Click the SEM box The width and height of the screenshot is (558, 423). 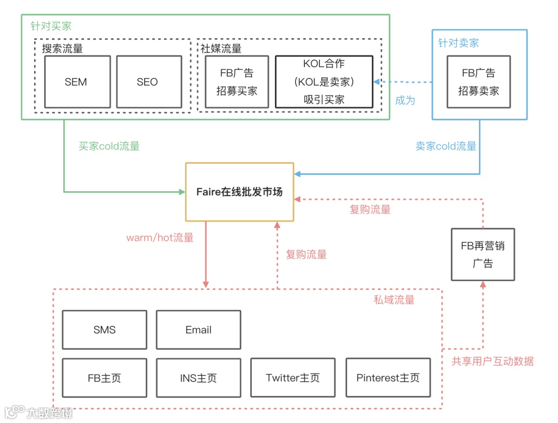[x=77, y=82]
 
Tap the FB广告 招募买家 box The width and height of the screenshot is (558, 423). [x=237, y=82]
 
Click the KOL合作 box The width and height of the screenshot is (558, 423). [x=324, y=82]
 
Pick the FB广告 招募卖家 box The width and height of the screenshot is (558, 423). [x=479, y=82]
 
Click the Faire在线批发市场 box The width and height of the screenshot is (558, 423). [x=239, y=191]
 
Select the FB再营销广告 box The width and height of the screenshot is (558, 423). [x=483, y=254]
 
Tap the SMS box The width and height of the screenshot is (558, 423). [x=104, y=330]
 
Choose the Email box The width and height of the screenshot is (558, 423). [x=198, y=330]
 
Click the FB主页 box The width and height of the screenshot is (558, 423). [x=104, y=377]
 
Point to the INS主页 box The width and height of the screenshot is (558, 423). [x=198, y=377]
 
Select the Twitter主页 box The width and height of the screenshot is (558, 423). [x=293, y=377]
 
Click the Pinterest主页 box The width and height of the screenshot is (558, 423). [x=388, y=377]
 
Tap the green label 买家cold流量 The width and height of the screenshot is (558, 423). [x=109, y=146]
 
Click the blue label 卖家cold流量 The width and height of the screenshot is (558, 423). [x=446, y=146]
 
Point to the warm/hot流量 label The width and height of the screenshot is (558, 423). [x=160, y=238]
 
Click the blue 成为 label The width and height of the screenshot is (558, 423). [x=405, y=100]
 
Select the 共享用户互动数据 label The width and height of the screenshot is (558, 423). [x=492, y=361]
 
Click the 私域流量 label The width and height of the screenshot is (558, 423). [x=394, y=300]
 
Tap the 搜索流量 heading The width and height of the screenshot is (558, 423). [x=62, y=49]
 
